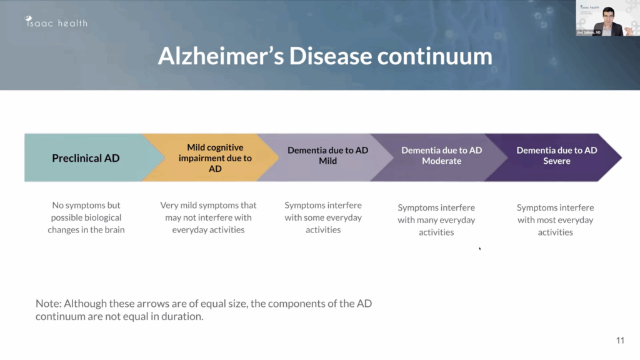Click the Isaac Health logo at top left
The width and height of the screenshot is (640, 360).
click(x=56, y=23)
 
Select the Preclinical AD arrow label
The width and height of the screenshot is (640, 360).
click(x=86, y=158)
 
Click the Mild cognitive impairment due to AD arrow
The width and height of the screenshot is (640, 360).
click(x=214, y=158)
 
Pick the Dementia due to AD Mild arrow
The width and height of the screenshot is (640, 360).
click(x=327, y=156)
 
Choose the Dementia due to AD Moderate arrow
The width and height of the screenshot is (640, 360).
click(x=441, y=156)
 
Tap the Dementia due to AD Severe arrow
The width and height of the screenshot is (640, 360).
click(x=556, y=156)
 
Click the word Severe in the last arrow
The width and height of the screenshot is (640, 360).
click(x=556, y=161)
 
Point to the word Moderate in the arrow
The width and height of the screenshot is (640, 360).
click(x=441, y=161)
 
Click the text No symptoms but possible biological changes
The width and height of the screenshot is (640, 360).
click(x=86, y=217)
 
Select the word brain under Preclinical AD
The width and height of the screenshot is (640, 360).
click(x=113, y=230)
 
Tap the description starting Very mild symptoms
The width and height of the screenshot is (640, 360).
click(x=208, y=217)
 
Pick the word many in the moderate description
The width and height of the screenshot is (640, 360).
click(x=427, y=220)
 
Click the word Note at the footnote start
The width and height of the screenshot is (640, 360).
click(x=46, y=303)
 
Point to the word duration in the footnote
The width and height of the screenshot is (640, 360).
click(x=185, y=316)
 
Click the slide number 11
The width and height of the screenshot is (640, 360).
click(x=620, y=341)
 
